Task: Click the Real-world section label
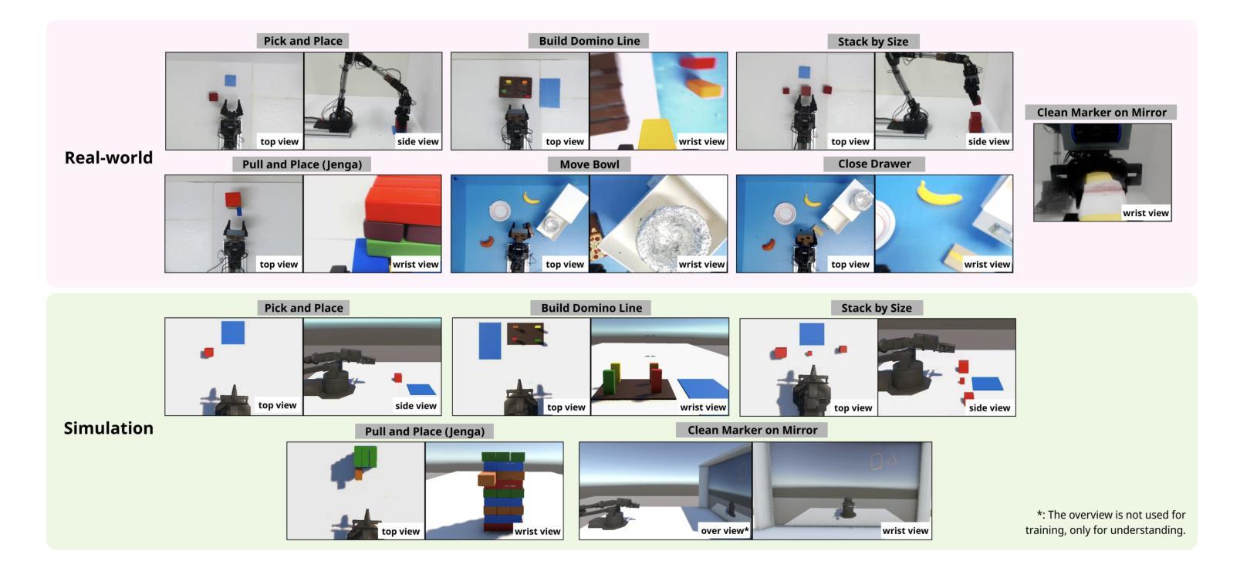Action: point(109,157)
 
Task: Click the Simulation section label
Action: point(109,428)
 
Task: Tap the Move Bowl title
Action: point(589,164)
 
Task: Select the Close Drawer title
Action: point(874,164)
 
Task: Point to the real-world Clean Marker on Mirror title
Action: point(1101,113)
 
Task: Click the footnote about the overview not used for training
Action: point(1106,522)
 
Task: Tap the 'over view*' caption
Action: point(725,530)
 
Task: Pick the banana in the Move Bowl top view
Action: point(532,197)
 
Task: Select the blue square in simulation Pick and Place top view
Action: point(233,333)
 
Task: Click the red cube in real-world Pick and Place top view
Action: point(213,97)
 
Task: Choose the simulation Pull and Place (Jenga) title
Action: point(424,431)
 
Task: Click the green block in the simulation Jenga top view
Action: point(365,458)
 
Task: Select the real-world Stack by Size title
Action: point(873,42)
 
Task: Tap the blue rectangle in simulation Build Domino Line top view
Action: point(490,341)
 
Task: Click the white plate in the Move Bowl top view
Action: point(499,211)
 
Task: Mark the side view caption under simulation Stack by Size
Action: point(989,407)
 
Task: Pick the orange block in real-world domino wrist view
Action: point(704,88)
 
